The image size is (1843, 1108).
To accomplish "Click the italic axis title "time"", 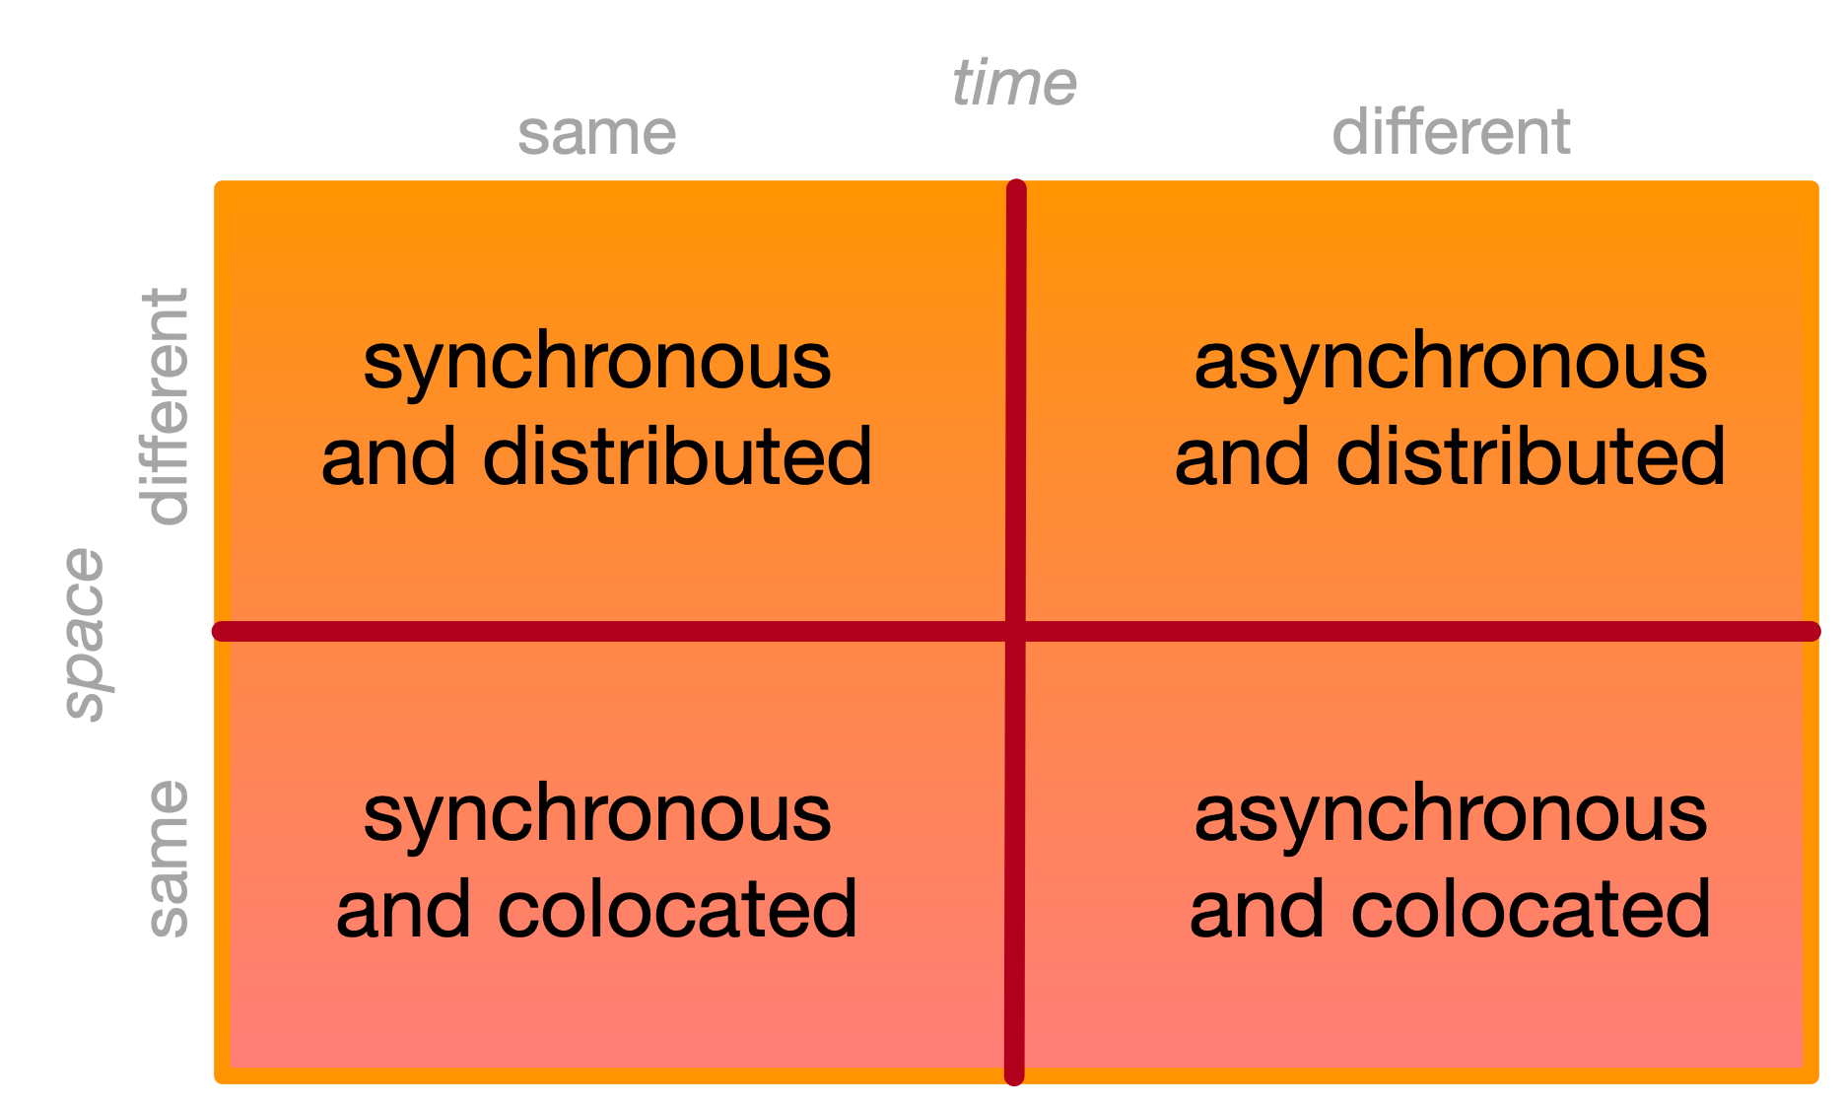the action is tap(1014, 83).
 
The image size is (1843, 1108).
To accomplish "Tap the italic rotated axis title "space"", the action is tap(86, 635).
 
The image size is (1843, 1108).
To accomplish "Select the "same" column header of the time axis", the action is tap(597, 134).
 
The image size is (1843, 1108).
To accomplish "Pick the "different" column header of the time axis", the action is tap(1451, 132).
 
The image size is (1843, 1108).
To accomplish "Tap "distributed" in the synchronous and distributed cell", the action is tap(677, 456).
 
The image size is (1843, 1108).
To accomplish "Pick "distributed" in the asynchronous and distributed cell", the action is tap(1531, 456).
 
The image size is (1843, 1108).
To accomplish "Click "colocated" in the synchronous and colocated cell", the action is tap(677, 908).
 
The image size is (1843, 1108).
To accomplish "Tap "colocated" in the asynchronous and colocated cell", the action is tap(1531, 908).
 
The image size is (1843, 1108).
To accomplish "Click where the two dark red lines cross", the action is tap(1015, 631).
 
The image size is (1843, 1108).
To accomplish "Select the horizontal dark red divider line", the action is tap(1016, 631).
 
